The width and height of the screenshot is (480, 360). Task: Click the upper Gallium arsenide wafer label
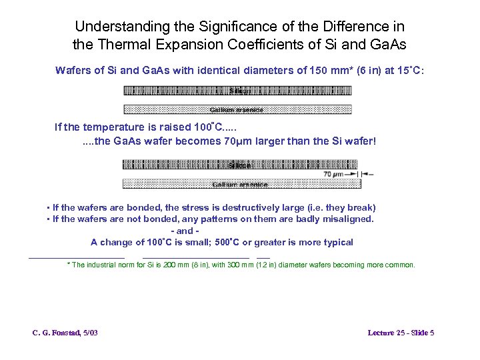(x=237, y=109)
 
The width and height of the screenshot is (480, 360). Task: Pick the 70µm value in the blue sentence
(x=237, y=141)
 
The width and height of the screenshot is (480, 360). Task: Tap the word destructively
(x=249, y=207)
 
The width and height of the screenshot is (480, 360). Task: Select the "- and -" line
(x=185, y=231)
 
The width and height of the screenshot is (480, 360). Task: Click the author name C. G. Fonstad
(x=56, y=332)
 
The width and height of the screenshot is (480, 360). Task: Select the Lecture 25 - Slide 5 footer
(x=401, y=332)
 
